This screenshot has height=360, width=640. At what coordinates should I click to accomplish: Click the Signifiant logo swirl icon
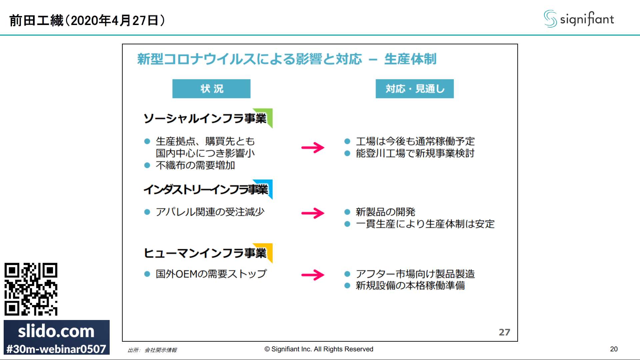[550, 19]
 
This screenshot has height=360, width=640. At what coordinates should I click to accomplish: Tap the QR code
[31, 289]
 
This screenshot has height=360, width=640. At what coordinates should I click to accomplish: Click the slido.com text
[56, 331]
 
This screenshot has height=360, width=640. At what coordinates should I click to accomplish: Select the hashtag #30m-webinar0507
[56, 349]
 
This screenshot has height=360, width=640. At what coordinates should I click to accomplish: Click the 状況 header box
[211, 89]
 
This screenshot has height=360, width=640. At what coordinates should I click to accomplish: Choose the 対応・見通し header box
[414, 89]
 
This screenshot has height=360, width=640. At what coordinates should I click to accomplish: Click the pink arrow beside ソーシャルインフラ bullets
[313, 147]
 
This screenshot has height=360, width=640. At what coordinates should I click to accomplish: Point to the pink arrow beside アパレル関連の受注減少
[313, 213]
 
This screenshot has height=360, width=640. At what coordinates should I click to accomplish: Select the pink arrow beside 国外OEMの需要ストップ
[313, 275]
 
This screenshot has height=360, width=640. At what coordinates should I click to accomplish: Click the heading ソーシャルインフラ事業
[205, 119]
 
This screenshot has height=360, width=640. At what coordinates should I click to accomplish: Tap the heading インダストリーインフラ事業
[206, 190]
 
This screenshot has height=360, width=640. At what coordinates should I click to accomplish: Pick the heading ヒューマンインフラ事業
[205, 253]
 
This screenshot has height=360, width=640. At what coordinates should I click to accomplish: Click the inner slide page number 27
[504, 332]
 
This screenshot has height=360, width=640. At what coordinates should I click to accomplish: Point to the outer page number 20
[614, 349]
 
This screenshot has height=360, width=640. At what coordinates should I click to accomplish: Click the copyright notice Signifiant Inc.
[319, 349]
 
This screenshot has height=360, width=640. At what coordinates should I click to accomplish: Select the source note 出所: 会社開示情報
[152, 350]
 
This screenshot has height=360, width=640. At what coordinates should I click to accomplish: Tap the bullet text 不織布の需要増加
[195, 165]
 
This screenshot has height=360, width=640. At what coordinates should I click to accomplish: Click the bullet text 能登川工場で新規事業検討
[415, 153]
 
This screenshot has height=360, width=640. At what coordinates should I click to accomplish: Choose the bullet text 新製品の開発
[385, 212]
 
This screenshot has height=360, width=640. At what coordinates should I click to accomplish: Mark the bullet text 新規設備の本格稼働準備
[410, 286]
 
